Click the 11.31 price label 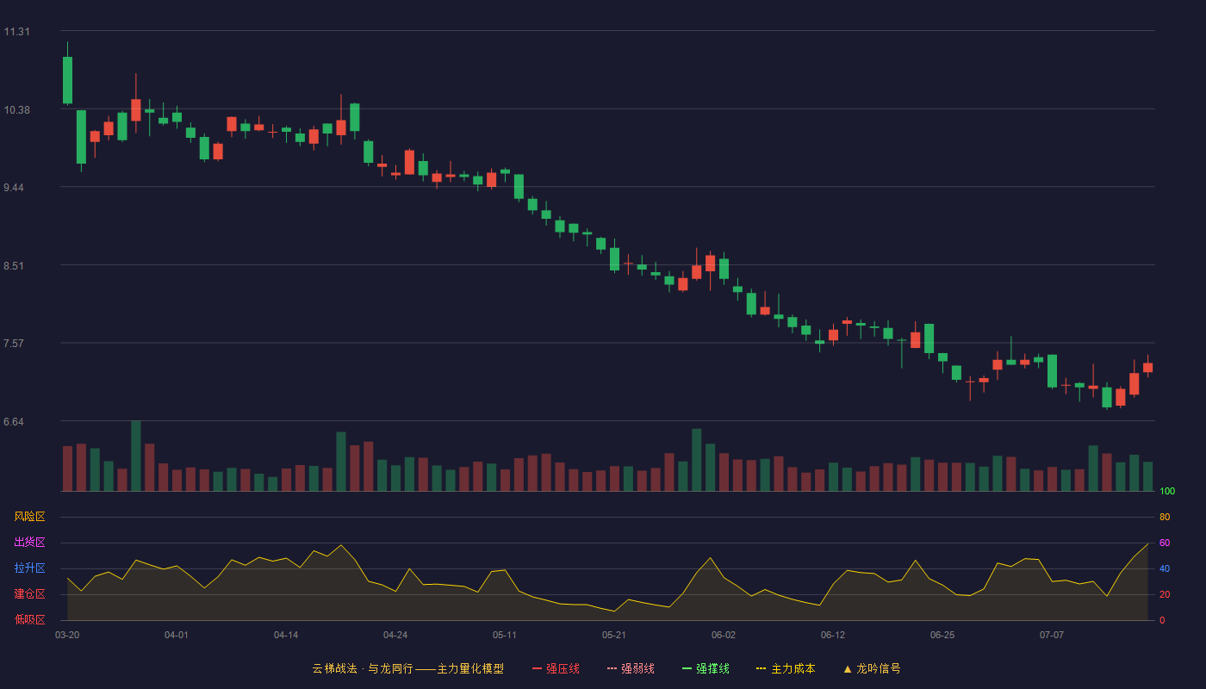(16, 32)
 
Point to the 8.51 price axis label (14, 266)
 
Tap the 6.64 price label (14, 422)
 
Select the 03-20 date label (67, 636)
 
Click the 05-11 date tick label (505, 636)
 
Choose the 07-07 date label (1052, 636)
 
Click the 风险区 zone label (29, 517)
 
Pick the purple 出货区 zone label (29, 542)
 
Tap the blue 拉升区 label (29, 568)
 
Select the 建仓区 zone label (29, 593)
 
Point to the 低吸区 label (29, 619)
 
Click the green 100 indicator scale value (1167, 491)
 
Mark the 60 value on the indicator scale (1165, 543)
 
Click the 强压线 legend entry (556, 668)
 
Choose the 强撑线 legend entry (706, 668)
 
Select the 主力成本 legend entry (786, 668)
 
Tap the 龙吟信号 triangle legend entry (872, 668)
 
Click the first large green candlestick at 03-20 (67, 79)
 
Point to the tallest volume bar (136, 456)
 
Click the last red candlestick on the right (1147, 368)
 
